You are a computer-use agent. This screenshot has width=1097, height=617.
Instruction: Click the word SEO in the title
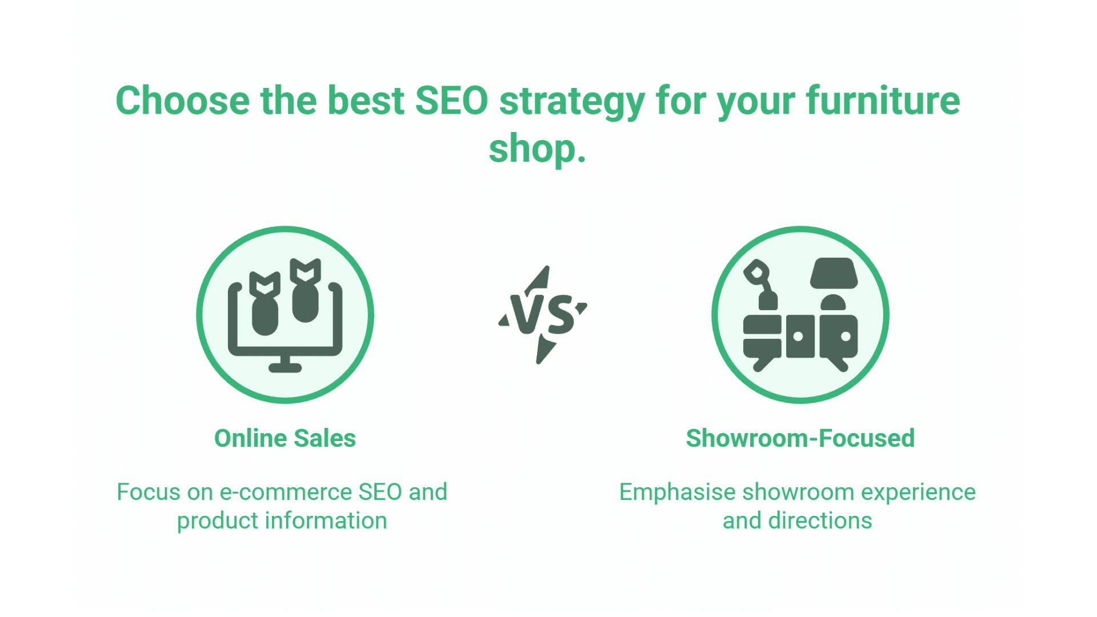pyautogui.click(x=451, y=101)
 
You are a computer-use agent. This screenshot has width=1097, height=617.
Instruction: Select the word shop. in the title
pyautogui.click(x=537, y=149)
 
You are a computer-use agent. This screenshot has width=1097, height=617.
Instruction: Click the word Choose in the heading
pyautogui.click(x=182, y=101)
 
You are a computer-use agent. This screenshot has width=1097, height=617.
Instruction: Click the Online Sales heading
pyautogui.click(x=285, y=439)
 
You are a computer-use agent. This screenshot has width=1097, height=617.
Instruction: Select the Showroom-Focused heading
pyautogui.click(x=800, y=439)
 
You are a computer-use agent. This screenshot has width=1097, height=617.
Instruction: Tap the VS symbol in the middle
pyautogui.click(x=542, y=314)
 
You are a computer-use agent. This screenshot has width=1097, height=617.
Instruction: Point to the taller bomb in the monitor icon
pyautogui.click(x=305, y=291)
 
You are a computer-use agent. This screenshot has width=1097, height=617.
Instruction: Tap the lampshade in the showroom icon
pyautogui.click(x=834, y=274)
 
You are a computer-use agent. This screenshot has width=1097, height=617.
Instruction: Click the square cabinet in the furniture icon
pyautogui.click(x=800, y=336)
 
